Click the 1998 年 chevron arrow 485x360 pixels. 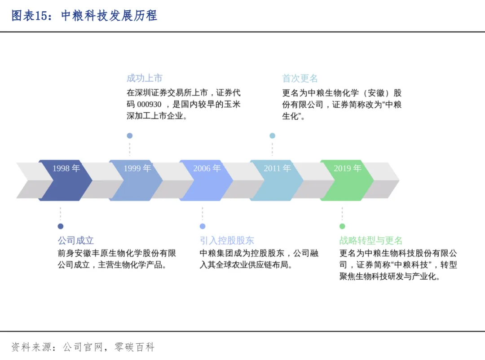tap(66, 180)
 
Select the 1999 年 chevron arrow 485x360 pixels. tap(136, 180)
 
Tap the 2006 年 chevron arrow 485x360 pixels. tap(207, 180)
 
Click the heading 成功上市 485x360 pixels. tap(144, 78)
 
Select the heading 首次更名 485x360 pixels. tap(300, 78)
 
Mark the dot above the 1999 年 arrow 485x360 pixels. tap(130, 136)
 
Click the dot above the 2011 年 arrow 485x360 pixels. tap(272, 136)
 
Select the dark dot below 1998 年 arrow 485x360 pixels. tap(61, 226)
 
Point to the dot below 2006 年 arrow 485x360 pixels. tap(203, 226)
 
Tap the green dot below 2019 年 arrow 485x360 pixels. tap(342, 226)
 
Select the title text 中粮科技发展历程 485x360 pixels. tap(109, 16)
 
